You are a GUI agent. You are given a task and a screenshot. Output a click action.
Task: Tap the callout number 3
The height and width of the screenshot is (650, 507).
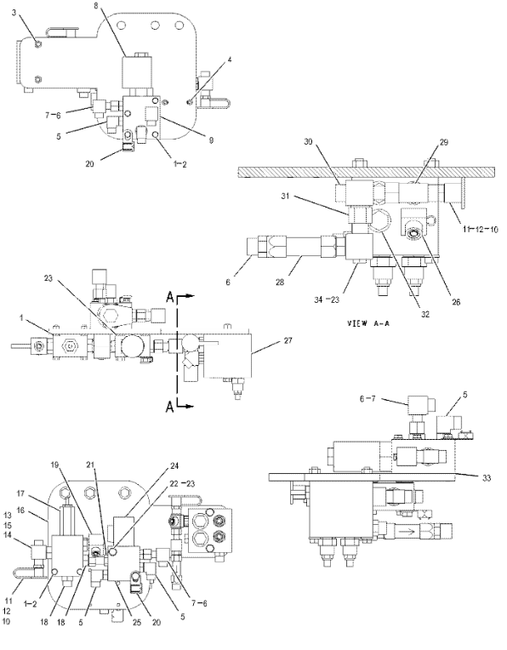14,13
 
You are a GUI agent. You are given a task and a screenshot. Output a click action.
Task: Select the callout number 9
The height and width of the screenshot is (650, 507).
212,140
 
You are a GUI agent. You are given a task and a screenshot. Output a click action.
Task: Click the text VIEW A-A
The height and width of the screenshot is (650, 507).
368,323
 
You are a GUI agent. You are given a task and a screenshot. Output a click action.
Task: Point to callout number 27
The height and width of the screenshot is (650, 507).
288,340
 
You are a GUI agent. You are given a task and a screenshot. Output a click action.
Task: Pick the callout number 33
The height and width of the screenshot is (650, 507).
487,478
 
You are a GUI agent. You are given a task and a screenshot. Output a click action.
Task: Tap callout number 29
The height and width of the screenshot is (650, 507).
443,142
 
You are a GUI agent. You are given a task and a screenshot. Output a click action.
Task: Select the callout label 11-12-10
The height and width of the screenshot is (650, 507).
481,229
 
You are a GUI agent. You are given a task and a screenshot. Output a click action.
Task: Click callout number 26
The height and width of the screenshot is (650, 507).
456,302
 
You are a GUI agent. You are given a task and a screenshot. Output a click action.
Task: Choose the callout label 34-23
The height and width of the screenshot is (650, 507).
327,299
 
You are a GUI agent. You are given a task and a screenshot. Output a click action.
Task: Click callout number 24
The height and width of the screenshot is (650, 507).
174,466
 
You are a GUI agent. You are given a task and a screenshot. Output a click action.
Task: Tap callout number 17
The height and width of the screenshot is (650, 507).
21,493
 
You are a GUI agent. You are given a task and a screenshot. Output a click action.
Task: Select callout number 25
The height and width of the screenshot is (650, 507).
126,622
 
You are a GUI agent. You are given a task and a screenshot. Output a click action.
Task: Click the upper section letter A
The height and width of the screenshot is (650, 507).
170,296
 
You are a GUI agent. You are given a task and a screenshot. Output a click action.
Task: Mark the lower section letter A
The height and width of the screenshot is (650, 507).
170,408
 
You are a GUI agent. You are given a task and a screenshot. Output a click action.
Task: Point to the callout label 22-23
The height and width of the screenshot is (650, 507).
183,483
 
